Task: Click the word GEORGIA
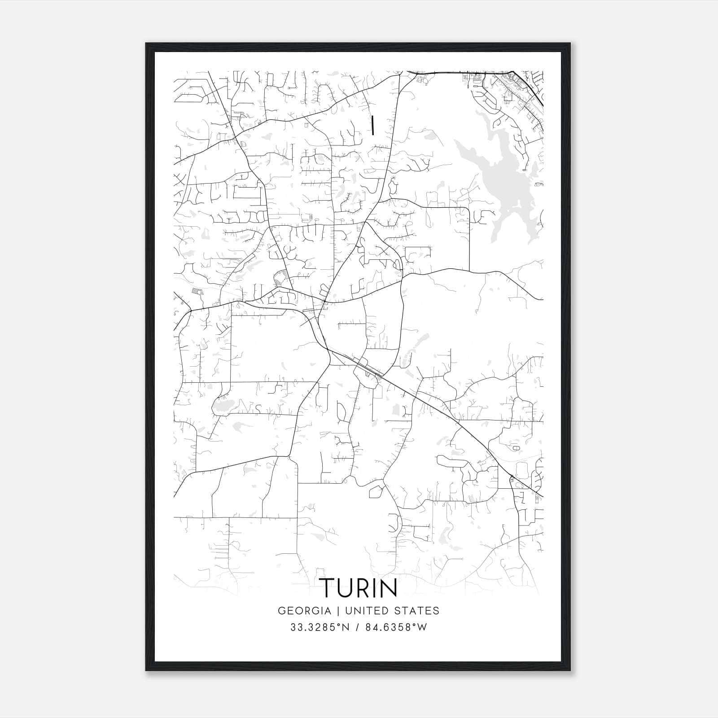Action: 304,611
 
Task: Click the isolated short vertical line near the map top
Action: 372,125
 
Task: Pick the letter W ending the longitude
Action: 422,627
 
